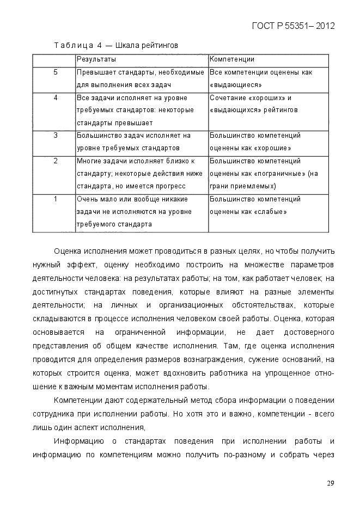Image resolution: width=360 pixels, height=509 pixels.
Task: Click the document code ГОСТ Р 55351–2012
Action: pyautogui.click(x=294, y=26)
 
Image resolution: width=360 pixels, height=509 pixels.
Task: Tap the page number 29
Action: pyautogui.click(x=331, y=483)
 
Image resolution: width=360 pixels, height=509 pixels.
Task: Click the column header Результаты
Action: pyautogui.click(x=96, y=59)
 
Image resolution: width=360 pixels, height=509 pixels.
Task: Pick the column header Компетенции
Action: pyautogui.click(x=232, y=59)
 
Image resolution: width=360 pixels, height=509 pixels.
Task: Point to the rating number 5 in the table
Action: pyautogui.click(x=56, y=72)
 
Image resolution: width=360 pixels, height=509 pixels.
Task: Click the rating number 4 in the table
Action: pyautogui.click(x=56, y=98)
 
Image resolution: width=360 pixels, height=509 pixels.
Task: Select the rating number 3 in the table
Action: pyautogui.click(x=56, y=136)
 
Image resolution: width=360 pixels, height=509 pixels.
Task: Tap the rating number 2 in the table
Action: pyautogui.click(x=56, y=161)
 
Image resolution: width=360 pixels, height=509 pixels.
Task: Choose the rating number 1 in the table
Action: pyautogui.click(x=56, y=199)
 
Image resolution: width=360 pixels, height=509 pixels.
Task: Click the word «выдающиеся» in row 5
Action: pyautogui.click(x=235, y=85)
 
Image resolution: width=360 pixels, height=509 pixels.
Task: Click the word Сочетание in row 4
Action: pyautogui.click(x=229, y=98)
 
